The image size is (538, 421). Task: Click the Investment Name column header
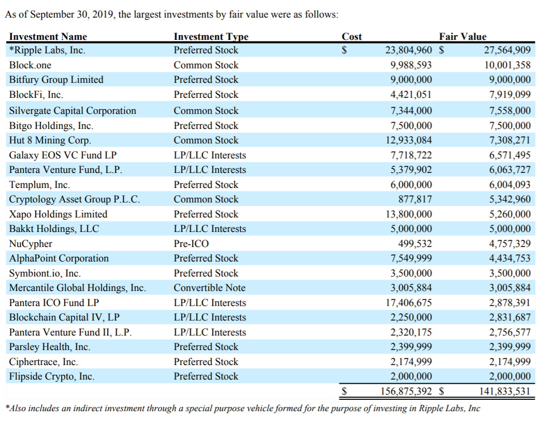pyautogui.click(x=48, y=36)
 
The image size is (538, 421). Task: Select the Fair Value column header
pyautogui.click(x=462, y=36)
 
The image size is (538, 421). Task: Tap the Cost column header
pyautogui.click(x=352, y=36)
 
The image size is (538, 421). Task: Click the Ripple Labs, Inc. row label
pyautogui.click(x=47, y=50)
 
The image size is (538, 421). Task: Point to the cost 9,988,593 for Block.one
pyautogui.click(x=411, y=65)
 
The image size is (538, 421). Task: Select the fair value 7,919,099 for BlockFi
pyautogui.click(x=510, y=94)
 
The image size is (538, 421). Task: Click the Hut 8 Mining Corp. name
pyautogui.click(x=50, y=140)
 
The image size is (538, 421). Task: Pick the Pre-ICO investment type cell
pyautogui.click(x=191, y=243)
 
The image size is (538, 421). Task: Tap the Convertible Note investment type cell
pyautogui.click(x=209, y=287)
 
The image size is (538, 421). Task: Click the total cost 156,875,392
pyautogui.click(x=406, y=391)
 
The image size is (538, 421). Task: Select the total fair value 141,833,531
pyautogui.click(x=505, y=391)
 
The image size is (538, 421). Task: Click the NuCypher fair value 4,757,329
pyautogui.click(x=510, y=243)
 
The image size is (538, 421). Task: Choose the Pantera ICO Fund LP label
pyautogui.click(x=54, y=302)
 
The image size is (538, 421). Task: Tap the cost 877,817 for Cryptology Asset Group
pyautogui.click(x=415, y=199)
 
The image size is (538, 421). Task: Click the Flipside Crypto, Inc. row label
pyautogui.click(x=52, y=376)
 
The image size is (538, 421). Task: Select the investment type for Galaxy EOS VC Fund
pyautogui.click(x=210, y=155)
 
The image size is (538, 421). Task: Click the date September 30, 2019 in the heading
pyautogui.click(x=71, y=14)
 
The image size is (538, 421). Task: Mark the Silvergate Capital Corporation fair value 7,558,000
pyautogui.click(x=510, y=110)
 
